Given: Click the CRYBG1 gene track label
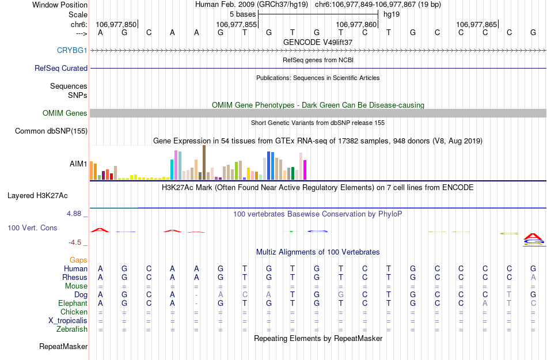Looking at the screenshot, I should coord(72,50).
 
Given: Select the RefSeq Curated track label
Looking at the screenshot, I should coord(61,68).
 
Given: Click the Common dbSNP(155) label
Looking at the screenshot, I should coord(51,131).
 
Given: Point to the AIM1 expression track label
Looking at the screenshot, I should coord(78,164).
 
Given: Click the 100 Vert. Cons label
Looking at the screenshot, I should coord(32,228).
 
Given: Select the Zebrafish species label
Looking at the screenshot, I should coord(73,329).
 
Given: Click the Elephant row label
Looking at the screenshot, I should coord(73,304).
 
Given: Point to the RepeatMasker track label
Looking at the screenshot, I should coord(63,347).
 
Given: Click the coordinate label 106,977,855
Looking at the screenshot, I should coord(236,25).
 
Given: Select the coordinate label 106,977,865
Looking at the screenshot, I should coord(476,25).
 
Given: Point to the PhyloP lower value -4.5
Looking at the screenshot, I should coord(76,242).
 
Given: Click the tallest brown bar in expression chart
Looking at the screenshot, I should coord(204,162).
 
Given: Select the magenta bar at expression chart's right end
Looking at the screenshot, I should coord(305,169).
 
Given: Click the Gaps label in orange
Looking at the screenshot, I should coord(79,260).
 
